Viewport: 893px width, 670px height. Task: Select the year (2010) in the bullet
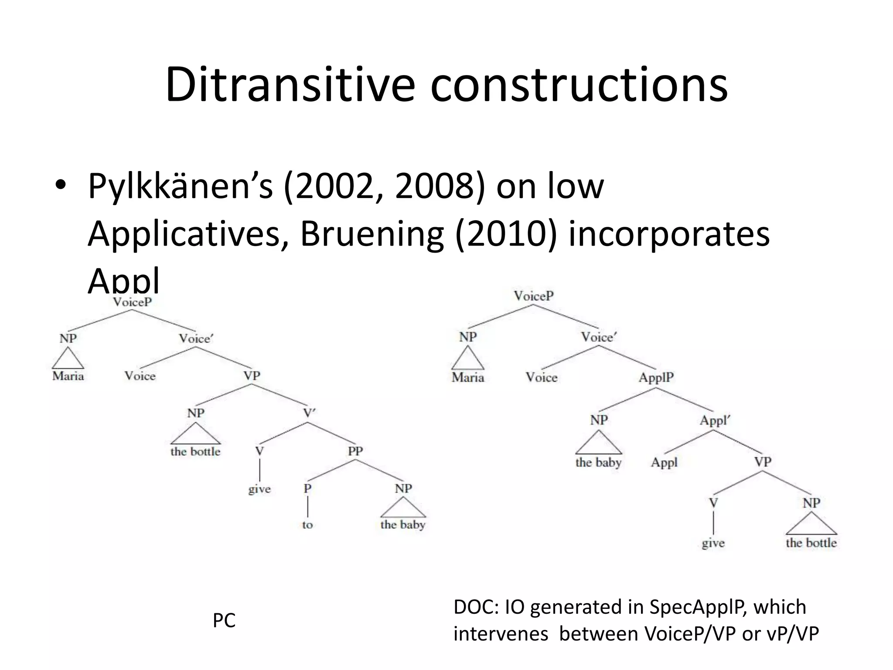point(506,234)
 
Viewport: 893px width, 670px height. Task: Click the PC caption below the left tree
point(224,620)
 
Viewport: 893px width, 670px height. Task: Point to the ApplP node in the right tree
point(656,377)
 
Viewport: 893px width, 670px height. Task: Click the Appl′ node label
point(714,420)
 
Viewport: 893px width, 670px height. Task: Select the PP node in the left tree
point(355,451)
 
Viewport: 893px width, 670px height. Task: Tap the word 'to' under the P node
point(307,525)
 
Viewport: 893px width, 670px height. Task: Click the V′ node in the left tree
point(309,413)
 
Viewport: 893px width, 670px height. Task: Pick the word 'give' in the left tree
point(259,489)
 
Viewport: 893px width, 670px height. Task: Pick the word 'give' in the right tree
point(713,544)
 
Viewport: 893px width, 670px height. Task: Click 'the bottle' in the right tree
point(811,543)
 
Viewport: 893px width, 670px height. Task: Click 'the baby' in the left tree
point(402,525)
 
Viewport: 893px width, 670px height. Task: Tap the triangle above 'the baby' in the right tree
point(598,444)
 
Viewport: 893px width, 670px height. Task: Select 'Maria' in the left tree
point(68,376)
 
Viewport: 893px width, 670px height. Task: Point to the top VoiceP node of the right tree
point(533,296)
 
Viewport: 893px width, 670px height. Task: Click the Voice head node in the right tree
point(541,377)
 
